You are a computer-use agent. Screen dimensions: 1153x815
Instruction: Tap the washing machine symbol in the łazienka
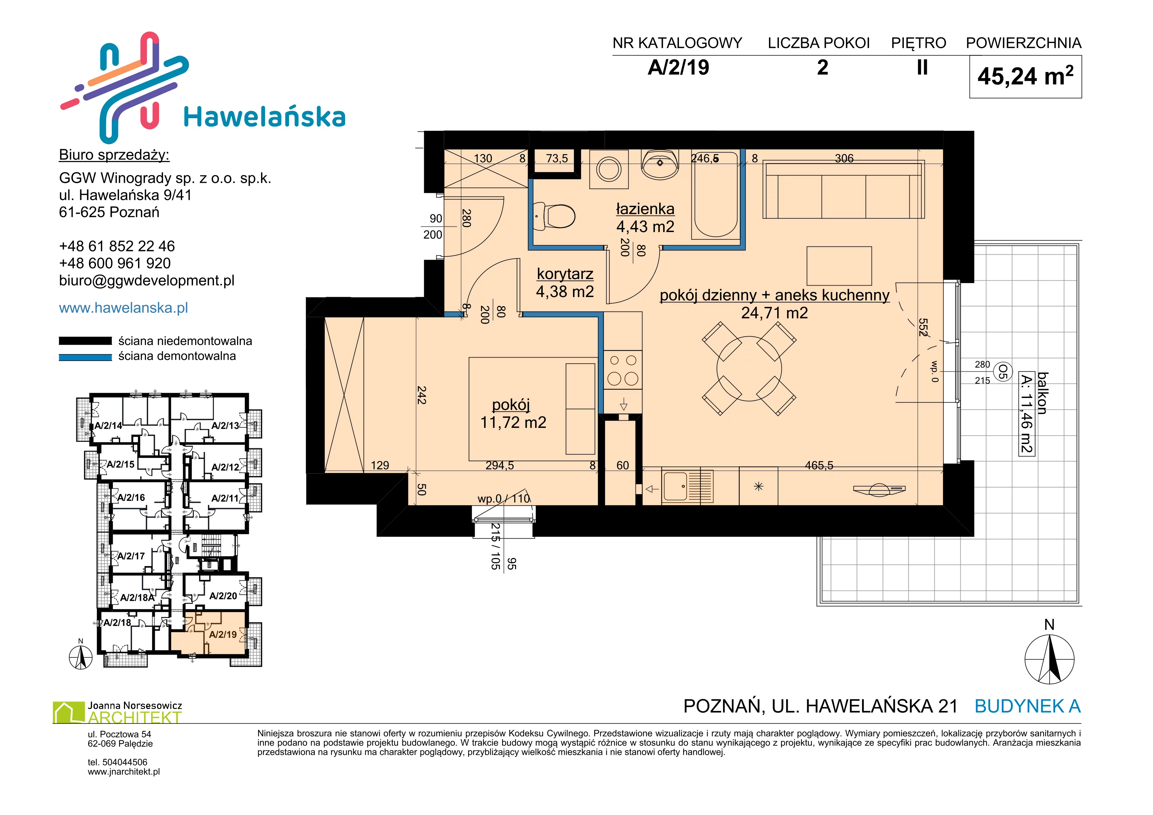609,169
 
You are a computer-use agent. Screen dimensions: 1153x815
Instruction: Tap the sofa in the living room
843,190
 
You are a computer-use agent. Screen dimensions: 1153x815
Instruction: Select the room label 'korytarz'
565,274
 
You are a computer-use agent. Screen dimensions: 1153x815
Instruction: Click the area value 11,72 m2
513,423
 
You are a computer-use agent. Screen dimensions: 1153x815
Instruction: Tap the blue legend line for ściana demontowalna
85,357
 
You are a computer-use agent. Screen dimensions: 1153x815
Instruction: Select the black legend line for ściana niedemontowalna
85,341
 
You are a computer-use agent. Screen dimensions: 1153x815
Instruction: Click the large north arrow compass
1049,659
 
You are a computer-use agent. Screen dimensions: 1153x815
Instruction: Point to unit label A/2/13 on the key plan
225,426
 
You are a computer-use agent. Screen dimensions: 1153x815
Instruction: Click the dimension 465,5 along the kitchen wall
819,465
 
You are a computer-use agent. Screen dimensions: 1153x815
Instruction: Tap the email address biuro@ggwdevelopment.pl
147,281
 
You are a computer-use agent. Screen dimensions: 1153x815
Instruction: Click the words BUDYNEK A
1027,706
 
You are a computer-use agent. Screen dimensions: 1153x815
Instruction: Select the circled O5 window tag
1002,372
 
